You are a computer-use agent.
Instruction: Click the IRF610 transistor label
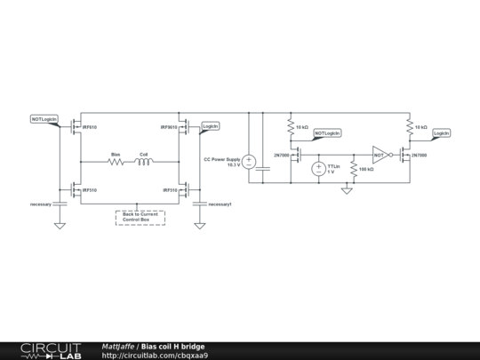pos(90,127)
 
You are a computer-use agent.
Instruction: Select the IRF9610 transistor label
pos(168,127)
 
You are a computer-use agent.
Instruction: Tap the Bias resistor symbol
pos(116,162)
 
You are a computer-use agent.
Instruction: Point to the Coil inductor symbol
pos(143,162)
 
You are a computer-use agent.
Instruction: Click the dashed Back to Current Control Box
pos(140,217)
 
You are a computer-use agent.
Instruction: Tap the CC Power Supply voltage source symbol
pos(250,162)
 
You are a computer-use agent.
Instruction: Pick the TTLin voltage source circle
pos(318,168)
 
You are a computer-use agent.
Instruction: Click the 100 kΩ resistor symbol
pos(354,168)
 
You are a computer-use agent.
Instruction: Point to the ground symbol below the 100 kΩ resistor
pos(347,189)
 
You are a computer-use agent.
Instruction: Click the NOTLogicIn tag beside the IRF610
pos(44,118)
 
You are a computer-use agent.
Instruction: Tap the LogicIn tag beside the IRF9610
pos(211,126)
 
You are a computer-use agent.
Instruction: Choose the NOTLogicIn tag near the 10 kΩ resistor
pos(327,132)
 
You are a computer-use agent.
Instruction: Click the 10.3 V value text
pos(234,165)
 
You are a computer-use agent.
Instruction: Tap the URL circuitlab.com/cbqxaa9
pos(156,356)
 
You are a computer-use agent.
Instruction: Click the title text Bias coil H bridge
pos(172,346)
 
